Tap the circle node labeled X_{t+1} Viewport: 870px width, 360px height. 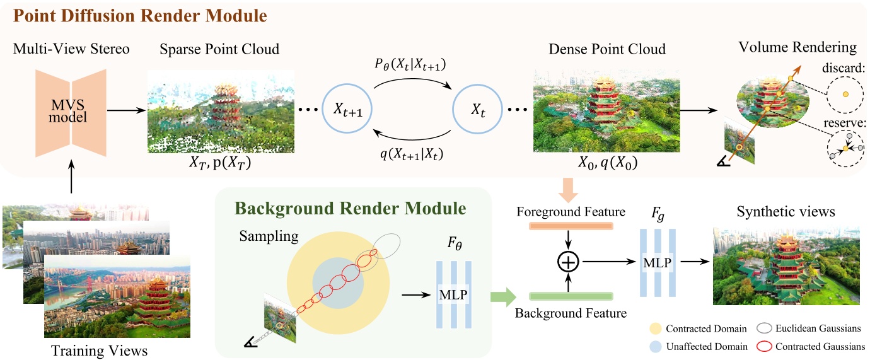point(346,108)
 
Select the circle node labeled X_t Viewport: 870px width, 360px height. point(477,108)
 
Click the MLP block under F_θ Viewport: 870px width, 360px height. point(452,294)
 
